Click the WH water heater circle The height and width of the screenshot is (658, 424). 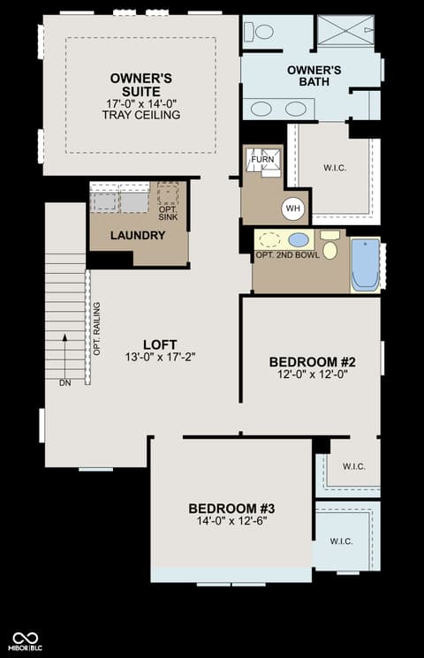click(293, 208)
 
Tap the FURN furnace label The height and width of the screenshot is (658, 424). click(262, 160)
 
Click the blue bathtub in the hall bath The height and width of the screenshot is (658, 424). click(366, 265)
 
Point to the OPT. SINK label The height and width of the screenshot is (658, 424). click(168, 213)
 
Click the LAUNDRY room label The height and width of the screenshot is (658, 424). click(138, 236)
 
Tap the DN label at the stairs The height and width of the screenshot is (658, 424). click(65, 382)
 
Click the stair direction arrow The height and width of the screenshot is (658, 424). click(64, 356)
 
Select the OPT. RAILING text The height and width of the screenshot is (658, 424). click(97, 329)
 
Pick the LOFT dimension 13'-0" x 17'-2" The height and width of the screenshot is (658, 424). click(161, 357)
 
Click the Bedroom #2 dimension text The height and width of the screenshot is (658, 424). click(313, 374)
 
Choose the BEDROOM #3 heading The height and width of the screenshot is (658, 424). click(231, 509)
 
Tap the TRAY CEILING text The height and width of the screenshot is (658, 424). click(141, 115)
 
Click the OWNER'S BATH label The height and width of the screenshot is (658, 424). click(314, 76)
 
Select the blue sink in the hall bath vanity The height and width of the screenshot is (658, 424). click(299, 240)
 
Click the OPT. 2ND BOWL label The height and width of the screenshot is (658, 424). click(288, 255)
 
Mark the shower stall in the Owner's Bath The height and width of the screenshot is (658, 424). click(345, 30)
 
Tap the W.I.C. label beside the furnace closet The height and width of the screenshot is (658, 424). click(335, 169)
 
